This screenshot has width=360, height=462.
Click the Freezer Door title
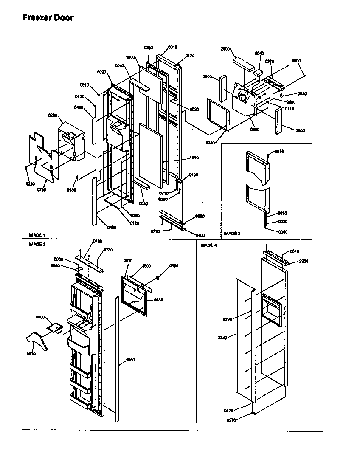click(48, 18)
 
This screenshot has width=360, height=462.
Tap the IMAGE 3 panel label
click(37, 245)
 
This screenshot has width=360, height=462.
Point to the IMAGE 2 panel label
click(232, 233)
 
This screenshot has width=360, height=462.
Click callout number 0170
click(190, 56)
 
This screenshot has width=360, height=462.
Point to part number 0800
click(200, 217)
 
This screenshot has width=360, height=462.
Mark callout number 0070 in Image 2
click(279, 152)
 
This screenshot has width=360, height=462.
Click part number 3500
click(146, 265)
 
